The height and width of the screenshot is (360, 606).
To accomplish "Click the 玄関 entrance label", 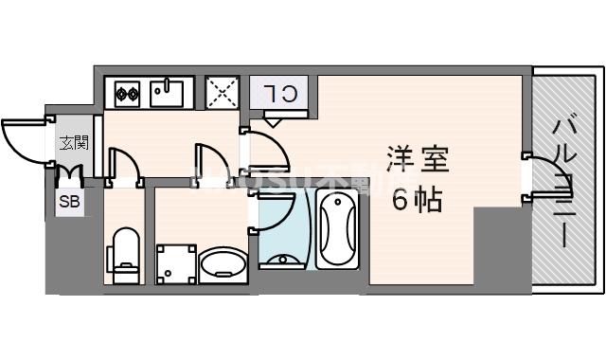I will point(74,144).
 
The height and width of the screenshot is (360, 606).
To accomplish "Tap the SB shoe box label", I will point(69,201).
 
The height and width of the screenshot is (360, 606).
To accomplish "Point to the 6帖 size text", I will point(417,199).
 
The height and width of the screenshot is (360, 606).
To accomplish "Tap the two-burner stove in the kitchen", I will point(127,93).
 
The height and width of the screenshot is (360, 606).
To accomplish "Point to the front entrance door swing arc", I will point(24,142).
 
